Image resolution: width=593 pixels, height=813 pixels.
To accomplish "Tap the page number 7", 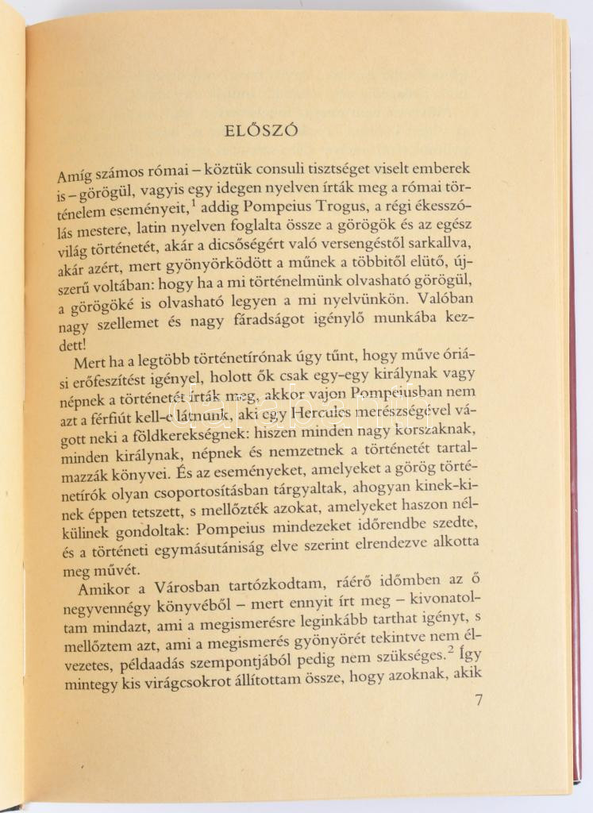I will coord(478,700).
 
